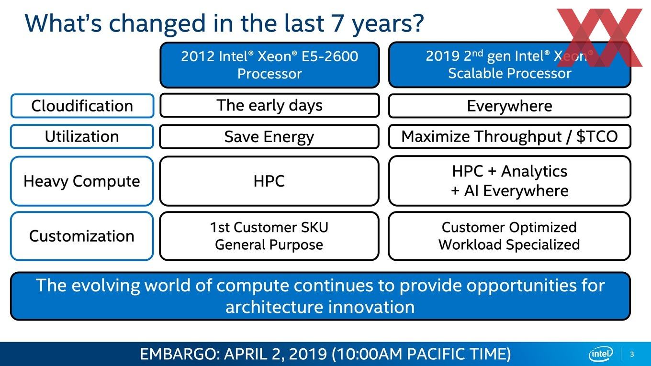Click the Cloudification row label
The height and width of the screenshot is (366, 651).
point(82,106)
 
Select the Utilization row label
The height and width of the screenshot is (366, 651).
point(82,136)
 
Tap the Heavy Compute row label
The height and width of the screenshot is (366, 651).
point(82,181)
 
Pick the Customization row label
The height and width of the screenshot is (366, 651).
point(82,236)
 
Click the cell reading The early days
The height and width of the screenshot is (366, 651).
point(269,105)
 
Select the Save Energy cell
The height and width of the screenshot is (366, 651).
point(269,136)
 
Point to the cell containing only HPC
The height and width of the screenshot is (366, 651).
point(269,181)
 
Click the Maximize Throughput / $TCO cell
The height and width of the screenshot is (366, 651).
point(510,136)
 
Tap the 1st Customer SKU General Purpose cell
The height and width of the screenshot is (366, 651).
point(269,236)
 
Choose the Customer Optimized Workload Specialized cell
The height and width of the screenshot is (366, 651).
point(509,236)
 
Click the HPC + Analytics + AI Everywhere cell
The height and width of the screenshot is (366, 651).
point(510,181)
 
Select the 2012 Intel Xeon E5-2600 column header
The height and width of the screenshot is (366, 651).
point(269,65)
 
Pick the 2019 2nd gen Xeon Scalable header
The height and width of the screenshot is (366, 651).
point(510,65)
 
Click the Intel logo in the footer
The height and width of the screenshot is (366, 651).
point(601,354)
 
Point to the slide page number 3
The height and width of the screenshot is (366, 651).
point(632,355)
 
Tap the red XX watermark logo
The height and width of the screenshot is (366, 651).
point(600,38)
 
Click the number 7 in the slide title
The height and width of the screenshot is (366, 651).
point(338,23)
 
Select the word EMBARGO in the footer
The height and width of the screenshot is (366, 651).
point(180,354)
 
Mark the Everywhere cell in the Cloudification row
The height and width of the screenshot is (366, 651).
point(510,106)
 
